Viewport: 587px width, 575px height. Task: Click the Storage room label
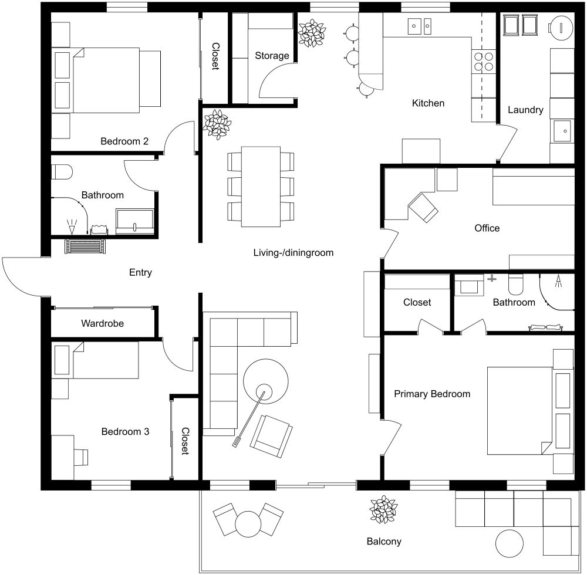(x=272, y=56)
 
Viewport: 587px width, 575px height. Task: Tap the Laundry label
(x=525, y=110)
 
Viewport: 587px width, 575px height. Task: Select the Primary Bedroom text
(x=432, y=394)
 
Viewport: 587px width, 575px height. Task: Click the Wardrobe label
(x=102, y=323)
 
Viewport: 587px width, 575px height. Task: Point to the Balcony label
(x=384, y=542)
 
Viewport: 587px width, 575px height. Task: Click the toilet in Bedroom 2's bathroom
(x=62, y=172)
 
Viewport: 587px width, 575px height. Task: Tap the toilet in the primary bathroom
(x=515, y=285)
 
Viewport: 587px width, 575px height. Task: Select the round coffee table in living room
(x=266, y=382)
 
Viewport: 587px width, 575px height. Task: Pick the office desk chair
(x=423, y=207)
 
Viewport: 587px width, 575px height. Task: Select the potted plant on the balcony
(x=384, y=509)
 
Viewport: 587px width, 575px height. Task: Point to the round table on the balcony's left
(x=247, y=522)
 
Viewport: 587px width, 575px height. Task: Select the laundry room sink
(x=562, y=130)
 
